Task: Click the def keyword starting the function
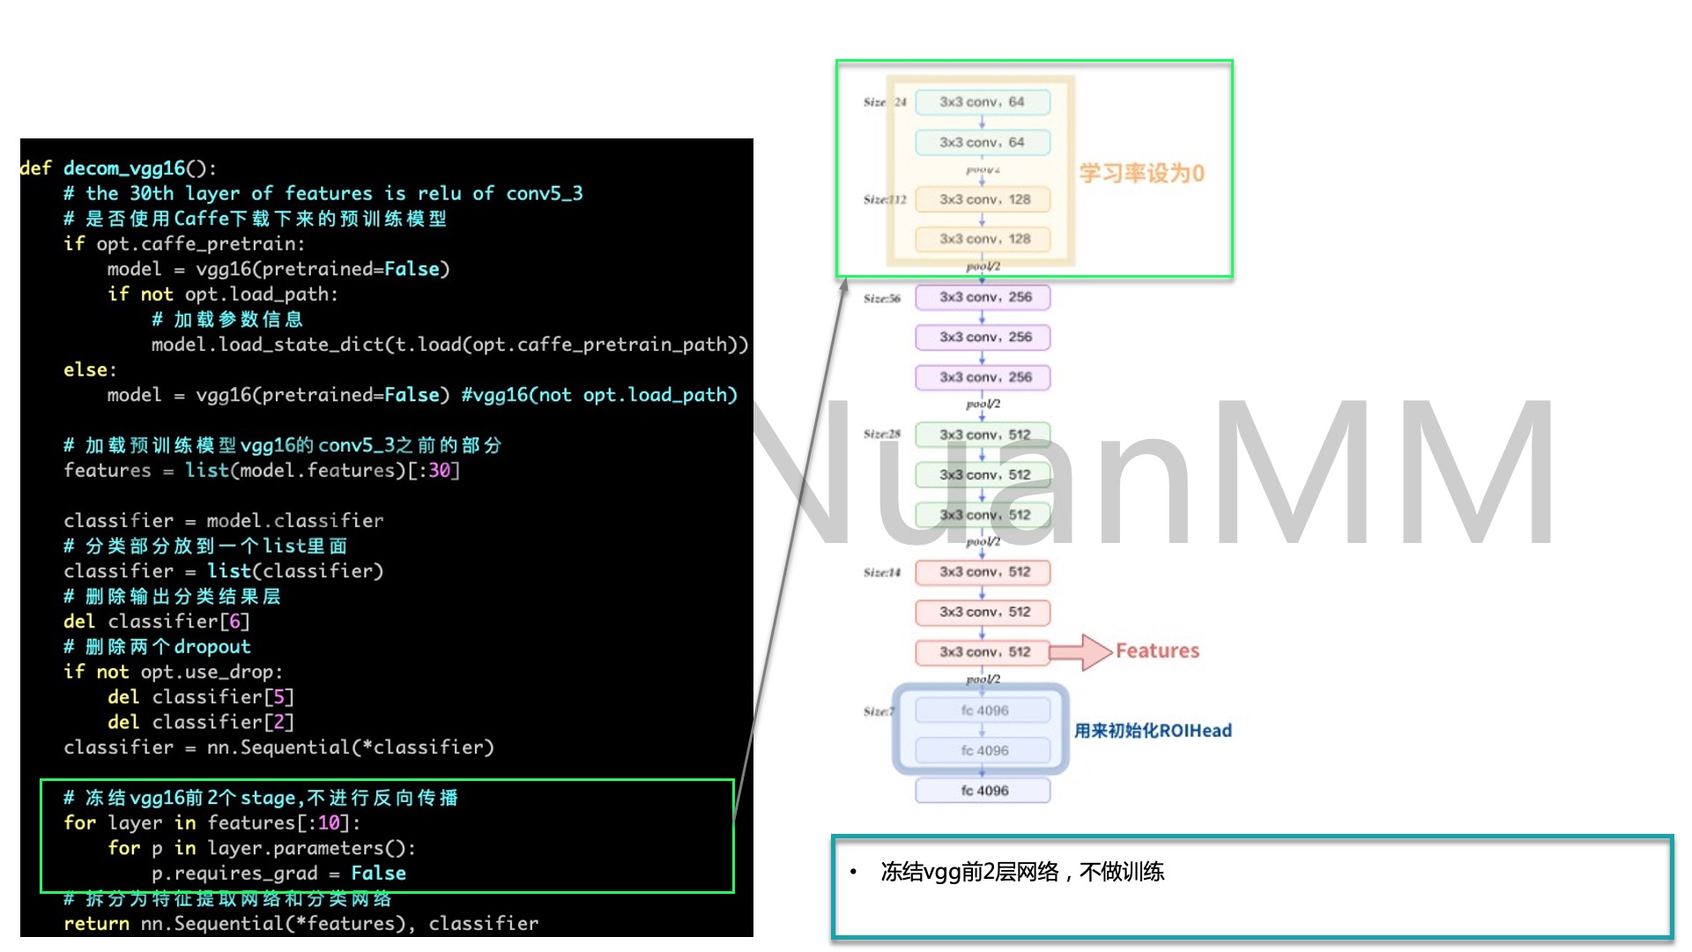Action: tap(36, 168)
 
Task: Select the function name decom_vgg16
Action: tap(124, 168)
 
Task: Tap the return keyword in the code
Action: tap(96, 924)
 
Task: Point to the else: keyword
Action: tap(90, 370)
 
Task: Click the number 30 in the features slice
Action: tap(439, 471)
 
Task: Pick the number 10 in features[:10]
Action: tap(329, 823)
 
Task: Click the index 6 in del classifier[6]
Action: tap(234, 622)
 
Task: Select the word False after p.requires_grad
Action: tap(378, 874)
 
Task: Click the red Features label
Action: tap(1157, 651)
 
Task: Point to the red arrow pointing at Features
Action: tap(1080, 652)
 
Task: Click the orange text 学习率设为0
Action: tap(1141, 173)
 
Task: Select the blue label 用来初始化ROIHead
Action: tap(1153, 731)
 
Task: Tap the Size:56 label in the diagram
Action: tap(881, 299)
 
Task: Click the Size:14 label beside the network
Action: tap(881, 573)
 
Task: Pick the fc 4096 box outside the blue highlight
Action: tap(983, 791)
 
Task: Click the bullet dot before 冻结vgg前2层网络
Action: tap(853, 872)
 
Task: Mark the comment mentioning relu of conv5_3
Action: tap(323, 194)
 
